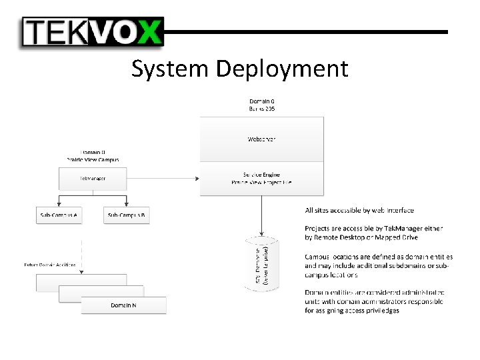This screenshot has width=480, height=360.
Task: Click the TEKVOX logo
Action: (92, 31)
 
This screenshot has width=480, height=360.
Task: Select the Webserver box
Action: (261, 139)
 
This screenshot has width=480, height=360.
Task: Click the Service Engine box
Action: (261, 178)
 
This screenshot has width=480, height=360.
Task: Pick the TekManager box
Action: (93, 178)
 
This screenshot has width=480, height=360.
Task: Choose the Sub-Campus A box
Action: (59, 215)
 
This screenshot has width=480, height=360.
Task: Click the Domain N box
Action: (124, 305)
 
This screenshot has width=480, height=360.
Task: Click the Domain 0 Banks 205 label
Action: (261, 105)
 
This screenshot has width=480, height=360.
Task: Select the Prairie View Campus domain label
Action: (93, 156)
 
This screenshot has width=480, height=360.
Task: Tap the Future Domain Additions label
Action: (50, 265)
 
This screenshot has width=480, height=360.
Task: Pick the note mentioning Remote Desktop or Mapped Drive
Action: (373, 233)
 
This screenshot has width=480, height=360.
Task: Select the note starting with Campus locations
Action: (379, 265)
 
